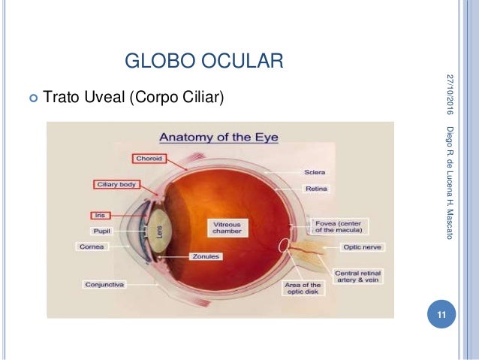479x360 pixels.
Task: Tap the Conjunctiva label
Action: [104, 285]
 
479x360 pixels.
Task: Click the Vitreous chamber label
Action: [227, 228]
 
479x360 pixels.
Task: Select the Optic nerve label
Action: [361, 247]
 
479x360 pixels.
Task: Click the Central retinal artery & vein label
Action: [359, 277]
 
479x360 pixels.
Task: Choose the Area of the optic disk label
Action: [303, 289]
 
